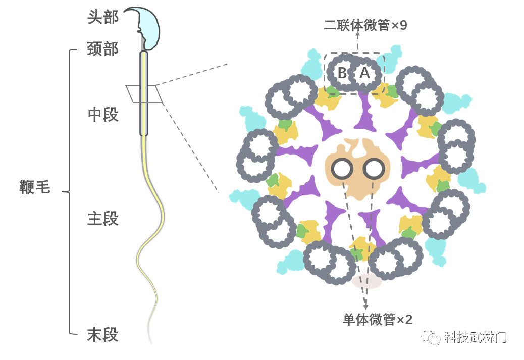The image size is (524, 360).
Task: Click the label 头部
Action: click(x=103, y=18)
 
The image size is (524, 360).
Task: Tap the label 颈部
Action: click(x=103, y=49)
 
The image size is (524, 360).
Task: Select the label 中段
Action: click(x=103, y=115)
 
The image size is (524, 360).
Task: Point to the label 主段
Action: click(x=103, y=219)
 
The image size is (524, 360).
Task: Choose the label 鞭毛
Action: click(x=35, y=188)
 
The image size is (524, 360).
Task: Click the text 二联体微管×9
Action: click(x=366, y=26)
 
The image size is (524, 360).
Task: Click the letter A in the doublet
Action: click(x=365, y=74)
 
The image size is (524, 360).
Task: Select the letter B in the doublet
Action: click(x=342, y=74)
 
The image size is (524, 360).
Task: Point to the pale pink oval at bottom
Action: click(x=366, y=281)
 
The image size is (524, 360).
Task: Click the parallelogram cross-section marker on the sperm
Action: click(x=144, y=93)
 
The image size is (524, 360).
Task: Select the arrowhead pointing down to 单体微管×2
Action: click(x=365, y=306)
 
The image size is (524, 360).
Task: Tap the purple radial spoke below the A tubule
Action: click(x=364, y=114)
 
